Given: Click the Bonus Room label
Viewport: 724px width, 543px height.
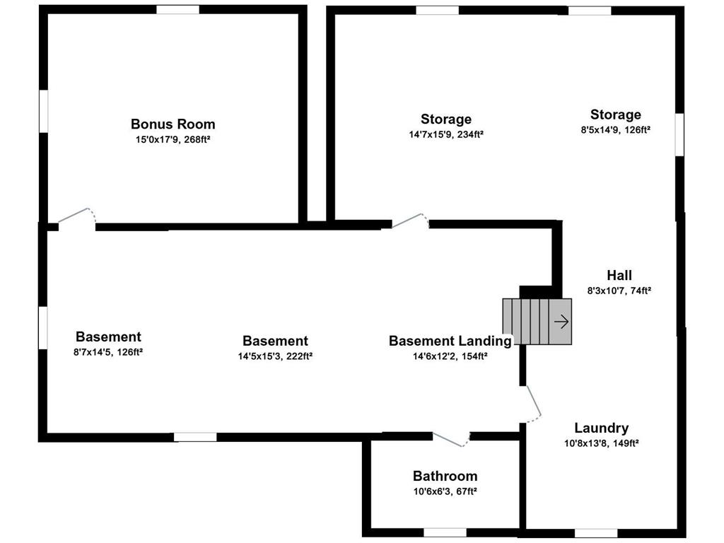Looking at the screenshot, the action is tap(173, 124).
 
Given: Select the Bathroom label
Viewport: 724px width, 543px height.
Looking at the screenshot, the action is tap(445, 476).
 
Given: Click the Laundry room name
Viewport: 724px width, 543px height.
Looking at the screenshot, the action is tap(601, 428).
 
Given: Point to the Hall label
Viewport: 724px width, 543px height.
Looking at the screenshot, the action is tap(619, 276).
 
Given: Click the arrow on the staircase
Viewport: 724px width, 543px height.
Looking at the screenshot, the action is tap(561, 322).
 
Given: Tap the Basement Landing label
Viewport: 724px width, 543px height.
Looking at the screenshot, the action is tap(450, 341).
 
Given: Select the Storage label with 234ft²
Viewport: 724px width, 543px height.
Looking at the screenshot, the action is tap(446, 119).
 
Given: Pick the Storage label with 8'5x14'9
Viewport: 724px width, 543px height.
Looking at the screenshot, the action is tap(616, 115).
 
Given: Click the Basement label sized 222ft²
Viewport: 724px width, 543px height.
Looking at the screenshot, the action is tap(275, 341).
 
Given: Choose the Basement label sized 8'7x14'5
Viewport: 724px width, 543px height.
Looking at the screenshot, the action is tap(108, 337).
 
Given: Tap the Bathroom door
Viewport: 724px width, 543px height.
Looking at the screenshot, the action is tap(451, 440).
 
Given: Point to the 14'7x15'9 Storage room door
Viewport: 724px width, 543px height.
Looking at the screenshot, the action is tap(411, 221).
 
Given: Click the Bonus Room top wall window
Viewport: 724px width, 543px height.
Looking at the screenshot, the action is tap(177, 9).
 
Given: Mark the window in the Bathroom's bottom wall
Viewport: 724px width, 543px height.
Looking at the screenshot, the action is tap(445, 532).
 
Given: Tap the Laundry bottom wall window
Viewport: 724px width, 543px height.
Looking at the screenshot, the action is tap(595, 533).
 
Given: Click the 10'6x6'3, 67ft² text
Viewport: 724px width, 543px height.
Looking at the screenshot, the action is tap(445, 491).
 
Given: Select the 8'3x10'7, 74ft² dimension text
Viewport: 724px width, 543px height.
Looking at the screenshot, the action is tap(619, 291).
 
